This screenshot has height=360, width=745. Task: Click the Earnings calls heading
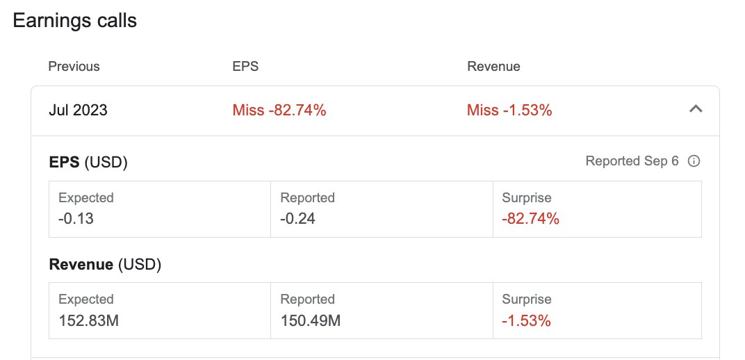tap(74, 20)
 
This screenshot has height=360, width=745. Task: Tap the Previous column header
tap(74, 67)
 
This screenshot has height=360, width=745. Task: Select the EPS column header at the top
tap(245, 67)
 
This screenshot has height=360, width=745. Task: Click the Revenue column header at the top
tap(493, 67)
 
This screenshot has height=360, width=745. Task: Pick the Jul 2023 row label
tap(78, 111)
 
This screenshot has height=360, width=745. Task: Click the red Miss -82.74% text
tap(279, 111)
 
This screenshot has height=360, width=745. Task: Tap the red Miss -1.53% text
tap(509, 111)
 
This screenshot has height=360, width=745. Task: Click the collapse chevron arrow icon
tap(696, 109)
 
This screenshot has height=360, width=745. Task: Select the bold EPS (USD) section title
tap(88, 163)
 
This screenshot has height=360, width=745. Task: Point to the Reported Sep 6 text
tap(632, 161)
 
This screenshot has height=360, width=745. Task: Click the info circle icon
tap(694, 161)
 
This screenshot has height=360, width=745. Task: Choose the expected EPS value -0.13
tap(76, 218)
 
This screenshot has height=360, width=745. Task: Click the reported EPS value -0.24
tap(298, 218)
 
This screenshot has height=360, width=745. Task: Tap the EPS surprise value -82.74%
tap(531, 218)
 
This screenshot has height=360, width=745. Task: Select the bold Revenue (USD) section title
tap(105, 265)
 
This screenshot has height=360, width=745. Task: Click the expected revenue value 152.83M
tap(88, 320)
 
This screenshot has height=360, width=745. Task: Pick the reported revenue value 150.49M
tap(310, 320)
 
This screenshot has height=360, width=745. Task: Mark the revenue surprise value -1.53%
tap(527, 320)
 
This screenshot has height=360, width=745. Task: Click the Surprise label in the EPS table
tap(527, 197)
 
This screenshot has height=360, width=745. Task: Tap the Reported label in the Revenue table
tap(307, 300)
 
